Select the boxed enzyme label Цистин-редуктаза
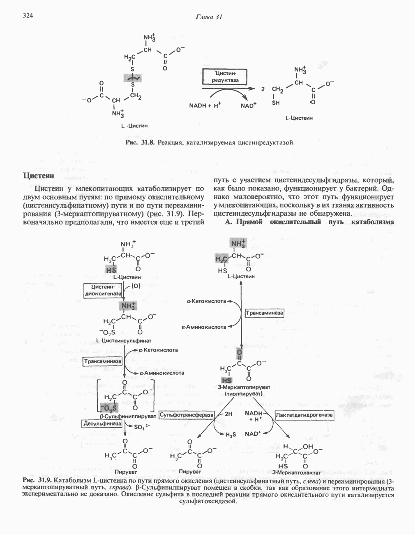(225, 77)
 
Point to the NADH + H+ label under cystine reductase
(205, 105)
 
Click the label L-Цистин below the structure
(134, 126)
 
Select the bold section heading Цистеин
(38, 176)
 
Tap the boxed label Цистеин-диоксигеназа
(103, 290)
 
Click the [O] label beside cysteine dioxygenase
(136, 286)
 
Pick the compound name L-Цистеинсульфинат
(123, 341)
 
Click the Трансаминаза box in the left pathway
(103, 361)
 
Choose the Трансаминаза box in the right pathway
(264, 313)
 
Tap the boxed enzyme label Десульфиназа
(103, 423)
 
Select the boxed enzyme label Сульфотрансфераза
(187, 415)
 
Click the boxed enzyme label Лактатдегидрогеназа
(304, 415)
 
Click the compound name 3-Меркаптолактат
(296, 472)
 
